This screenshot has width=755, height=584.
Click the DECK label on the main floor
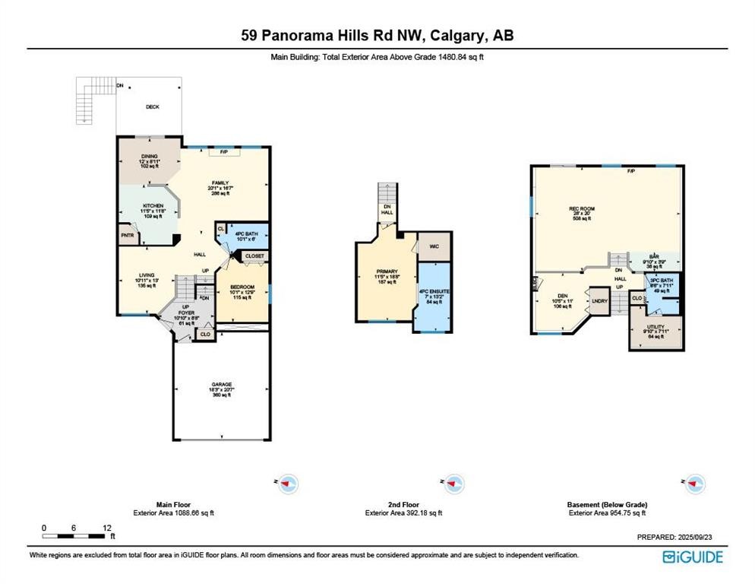tap(153, 107)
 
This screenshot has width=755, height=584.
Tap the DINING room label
tap(149, 156)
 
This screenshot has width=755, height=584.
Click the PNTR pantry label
tap(127, 236)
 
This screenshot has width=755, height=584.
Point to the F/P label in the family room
tap(224, 152)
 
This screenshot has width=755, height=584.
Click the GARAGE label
tap(222, 385)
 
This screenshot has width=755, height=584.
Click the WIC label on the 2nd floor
tap(434, 246)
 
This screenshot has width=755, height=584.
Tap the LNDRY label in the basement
tap(599, 301)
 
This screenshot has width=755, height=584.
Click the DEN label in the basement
tap(562, 297)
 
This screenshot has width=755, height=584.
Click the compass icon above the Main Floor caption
tap(288, 483)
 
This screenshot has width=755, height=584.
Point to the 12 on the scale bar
tap(107, 528)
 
